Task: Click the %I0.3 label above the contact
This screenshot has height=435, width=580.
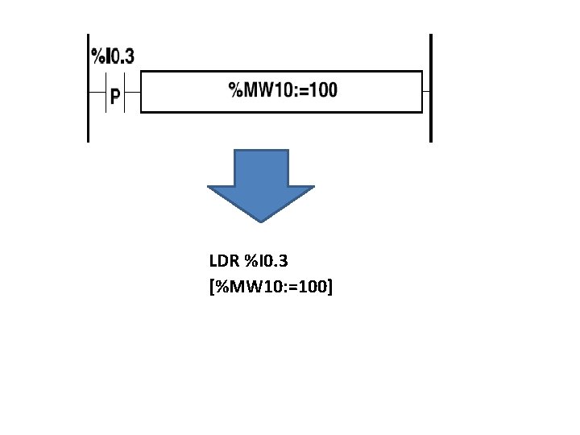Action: [x=113, y=56]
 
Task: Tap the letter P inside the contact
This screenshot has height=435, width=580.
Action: [x=115, y=97]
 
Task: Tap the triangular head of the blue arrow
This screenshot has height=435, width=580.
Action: [x=260, y=201]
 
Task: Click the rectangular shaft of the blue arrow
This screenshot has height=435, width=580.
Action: [x=260, y=167]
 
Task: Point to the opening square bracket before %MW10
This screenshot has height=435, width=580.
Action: [x=211, y=284]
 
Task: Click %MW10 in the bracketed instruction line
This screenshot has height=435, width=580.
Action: [x=242, y=284]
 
